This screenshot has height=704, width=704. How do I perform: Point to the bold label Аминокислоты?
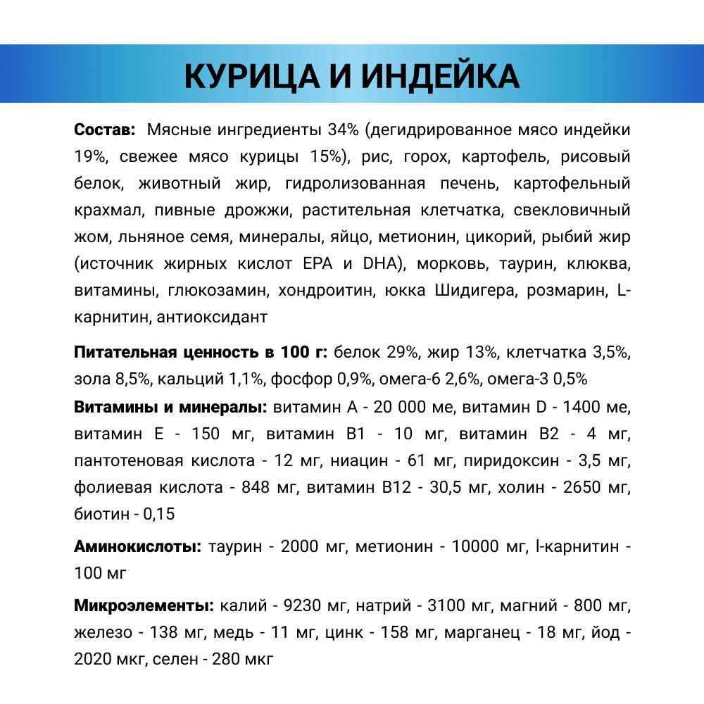click(138, 546)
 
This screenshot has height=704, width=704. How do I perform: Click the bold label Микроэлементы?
click(143, 605)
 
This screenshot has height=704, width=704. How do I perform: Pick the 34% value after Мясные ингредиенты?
click(344, 130)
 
